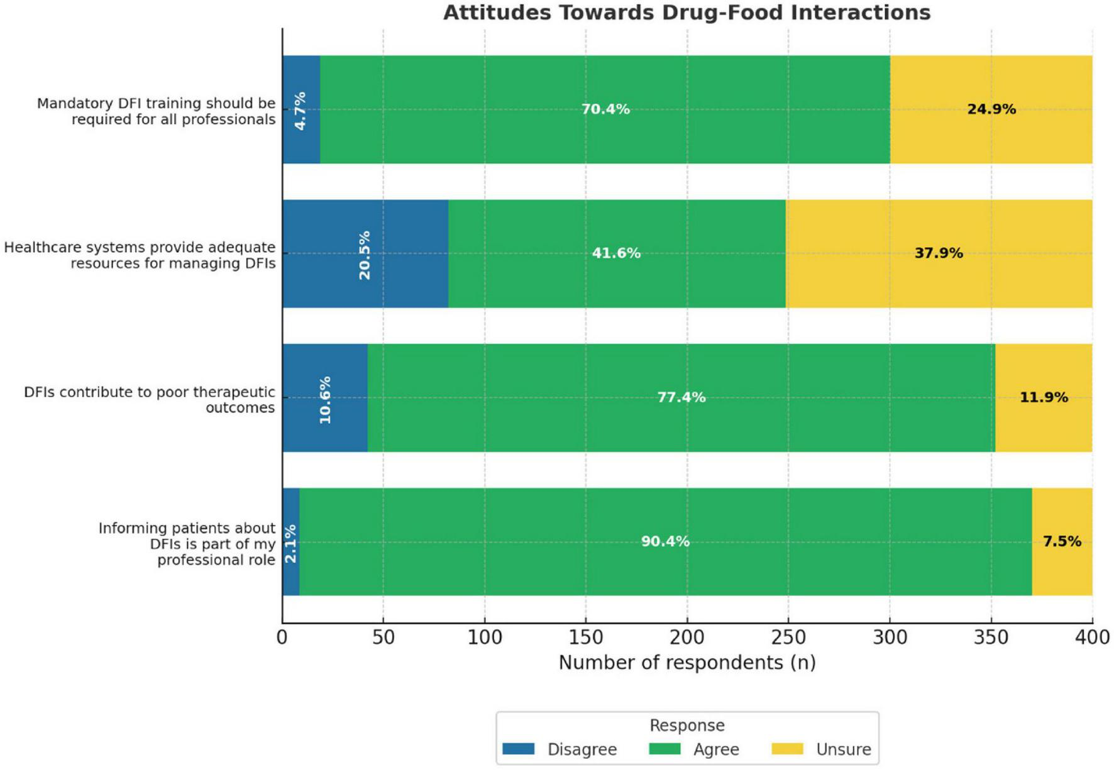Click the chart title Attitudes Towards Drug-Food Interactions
click(687, 13)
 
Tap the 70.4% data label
click(605, 109)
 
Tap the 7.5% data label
click(1062, 541)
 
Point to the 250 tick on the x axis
click(788, 637)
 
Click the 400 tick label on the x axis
click(1092, 637)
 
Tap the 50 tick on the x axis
click(383, 637)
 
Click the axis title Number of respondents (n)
click(687, 663)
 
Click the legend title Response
click(687, 725)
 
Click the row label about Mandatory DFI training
click(156, 111)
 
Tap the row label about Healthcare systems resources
click(140, 255)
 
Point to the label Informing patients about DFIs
click(187, 544)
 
